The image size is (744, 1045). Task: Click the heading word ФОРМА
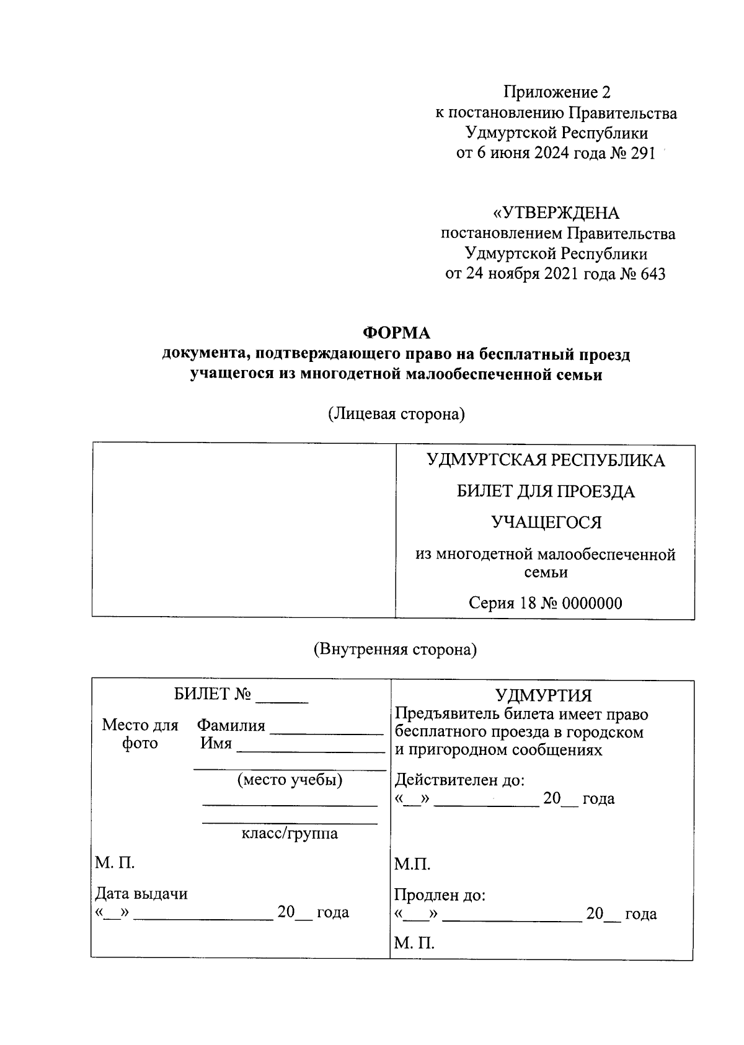[x=396, y=333]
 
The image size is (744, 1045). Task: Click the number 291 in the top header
[x=642, y=154]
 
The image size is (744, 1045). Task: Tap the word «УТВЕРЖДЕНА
[x=556, y=213]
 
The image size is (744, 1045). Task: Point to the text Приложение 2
[x=556, y=92]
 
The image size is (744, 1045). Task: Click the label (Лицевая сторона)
[x=396, y=414]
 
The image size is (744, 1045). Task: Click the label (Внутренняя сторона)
[x=395, y=650]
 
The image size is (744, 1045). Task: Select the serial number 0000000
[x=590, y=603]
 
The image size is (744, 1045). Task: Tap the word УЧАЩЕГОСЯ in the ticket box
[x=546, y=522]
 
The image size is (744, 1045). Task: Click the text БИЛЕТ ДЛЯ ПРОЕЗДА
[x=546, y=492]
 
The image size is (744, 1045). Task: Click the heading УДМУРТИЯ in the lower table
[x=543, y=695]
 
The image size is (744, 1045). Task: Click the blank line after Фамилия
[x=327, y=733]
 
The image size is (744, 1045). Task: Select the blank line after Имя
[x=311, y=751]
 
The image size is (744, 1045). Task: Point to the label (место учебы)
[x=290, y=780]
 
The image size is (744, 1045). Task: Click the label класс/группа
[x=290, y=833]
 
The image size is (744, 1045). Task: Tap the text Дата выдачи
[x=141, y=894]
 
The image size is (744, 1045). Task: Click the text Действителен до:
[x=459, y=780]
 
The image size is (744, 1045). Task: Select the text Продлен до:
[x=440, y=896]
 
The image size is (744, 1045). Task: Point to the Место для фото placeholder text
[x=140, y=734]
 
